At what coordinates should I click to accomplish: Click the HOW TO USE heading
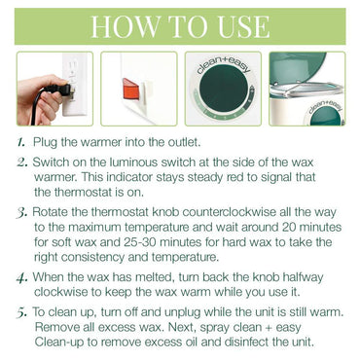click(180, 25)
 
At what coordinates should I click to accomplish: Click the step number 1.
click(22, 141)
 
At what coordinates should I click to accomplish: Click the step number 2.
click(22, 162)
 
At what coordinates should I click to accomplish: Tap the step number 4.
click(22, 278)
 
